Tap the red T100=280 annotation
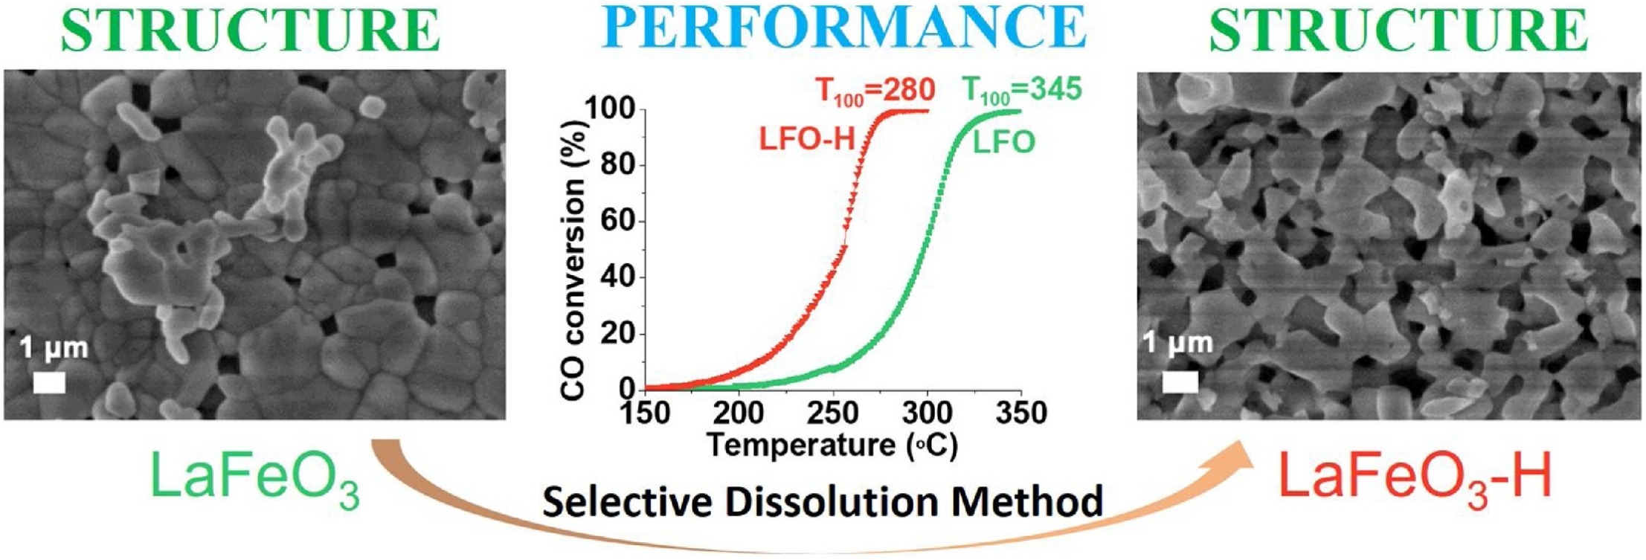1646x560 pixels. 875,91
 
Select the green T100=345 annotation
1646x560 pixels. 1022,90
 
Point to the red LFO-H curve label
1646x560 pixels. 806,139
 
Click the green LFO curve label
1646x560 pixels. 1003,142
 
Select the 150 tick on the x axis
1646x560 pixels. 646,413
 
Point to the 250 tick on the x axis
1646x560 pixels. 833,413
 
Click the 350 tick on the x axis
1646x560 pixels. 1020,413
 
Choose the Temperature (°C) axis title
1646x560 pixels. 832,445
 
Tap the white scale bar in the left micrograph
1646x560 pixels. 49,382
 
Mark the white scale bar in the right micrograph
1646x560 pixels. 1180,382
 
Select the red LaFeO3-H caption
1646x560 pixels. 1415,478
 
